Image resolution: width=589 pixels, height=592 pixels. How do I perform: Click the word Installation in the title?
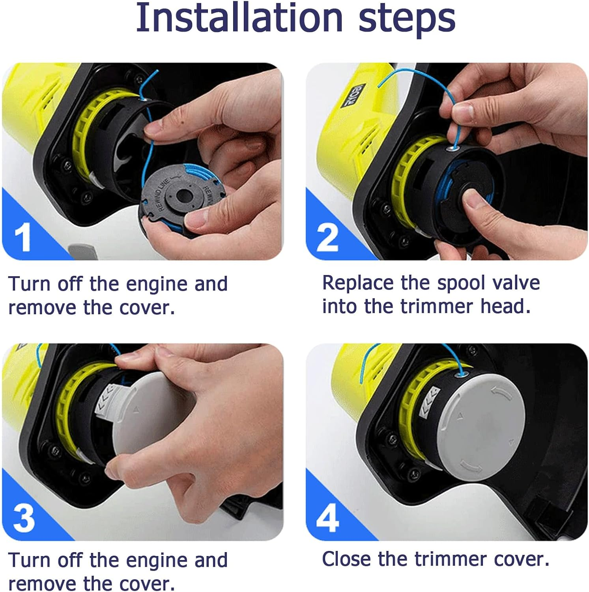[x=239, y=18]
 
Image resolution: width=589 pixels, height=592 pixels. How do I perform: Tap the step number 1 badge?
[x=22, y=237]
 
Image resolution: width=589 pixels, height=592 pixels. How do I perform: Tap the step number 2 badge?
[x=327, y=237]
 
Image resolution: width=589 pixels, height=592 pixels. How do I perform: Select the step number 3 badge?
[x=24, y=517]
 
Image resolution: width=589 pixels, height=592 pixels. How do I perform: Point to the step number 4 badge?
[x=327, y=517]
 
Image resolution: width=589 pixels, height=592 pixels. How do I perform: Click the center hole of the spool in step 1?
[x=183, y=195]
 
